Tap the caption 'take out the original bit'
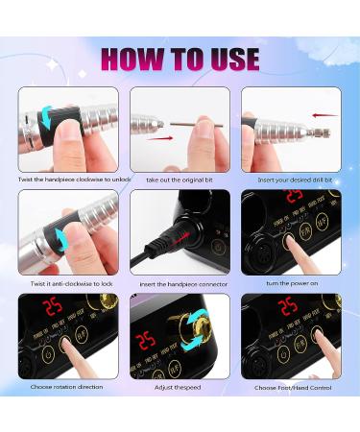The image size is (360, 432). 180,180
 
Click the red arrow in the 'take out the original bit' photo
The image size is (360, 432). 162,137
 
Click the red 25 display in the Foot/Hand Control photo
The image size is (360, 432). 286,306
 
